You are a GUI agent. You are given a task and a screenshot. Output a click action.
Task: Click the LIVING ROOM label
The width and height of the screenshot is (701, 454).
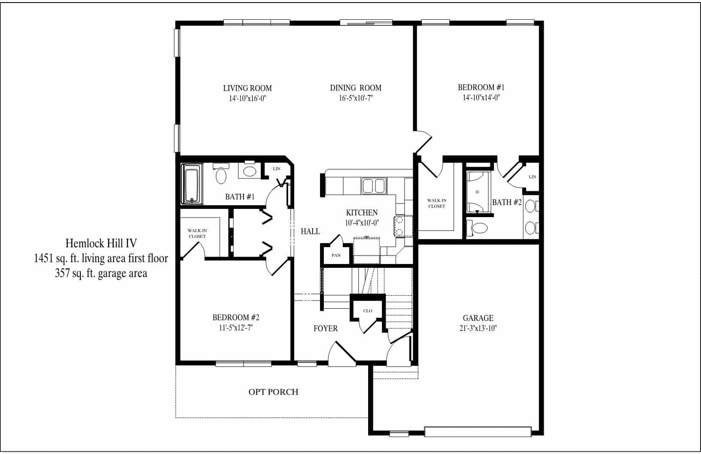tap(247, 88)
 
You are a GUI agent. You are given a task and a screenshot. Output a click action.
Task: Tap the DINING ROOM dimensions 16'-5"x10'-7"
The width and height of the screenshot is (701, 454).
tap(355, 98)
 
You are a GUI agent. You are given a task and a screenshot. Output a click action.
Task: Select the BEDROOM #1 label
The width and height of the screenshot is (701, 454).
tap(479, 87)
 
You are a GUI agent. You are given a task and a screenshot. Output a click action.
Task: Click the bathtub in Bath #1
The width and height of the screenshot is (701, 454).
tap(191, 185)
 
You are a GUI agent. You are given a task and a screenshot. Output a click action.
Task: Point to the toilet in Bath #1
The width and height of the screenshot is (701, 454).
tap(221, 175)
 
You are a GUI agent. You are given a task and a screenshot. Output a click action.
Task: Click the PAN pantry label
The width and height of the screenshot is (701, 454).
tap(336, 255)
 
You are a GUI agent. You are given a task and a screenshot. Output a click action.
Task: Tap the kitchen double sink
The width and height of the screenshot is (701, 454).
tap(373, 186)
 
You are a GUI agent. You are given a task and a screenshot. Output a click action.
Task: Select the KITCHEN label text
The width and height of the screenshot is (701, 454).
tap(362, 212)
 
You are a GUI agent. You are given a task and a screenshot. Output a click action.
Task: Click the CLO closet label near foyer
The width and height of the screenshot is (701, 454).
tap(368, 311)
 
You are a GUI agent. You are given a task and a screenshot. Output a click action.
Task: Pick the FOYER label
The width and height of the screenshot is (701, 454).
tap(326, 328)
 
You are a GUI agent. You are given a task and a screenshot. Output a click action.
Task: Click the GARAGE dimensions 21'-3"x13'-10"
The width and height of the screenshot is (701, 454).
tap(478, 328)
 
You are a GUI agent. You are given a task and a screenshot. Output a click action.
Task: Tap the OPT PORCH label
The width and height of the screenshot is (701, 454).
tap(273, 392)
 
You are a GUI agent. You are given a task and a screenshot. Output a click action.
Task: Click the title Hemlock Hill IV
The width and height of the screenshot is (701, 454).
tap(101, 243)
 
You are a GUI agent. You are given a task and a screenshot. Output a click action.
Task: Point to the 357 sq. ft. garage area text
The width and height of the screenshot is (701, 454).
tap(101, 273)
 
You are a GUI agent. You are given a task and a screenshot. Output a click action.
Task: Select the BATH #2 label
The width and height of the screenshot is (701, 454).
tap(507, 202)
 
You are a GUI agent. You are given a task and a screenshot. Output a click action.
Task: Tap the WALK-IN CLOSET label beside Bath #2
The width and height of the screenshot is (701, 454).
tap(436, 203)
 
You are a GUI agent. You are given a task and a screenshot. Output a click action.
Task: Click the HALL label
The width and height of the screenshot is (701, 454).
tap(310, 231)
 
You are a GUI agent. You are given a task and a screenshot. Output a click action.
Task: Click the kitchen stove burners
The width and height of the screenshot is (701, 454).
tap(398, 226)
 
